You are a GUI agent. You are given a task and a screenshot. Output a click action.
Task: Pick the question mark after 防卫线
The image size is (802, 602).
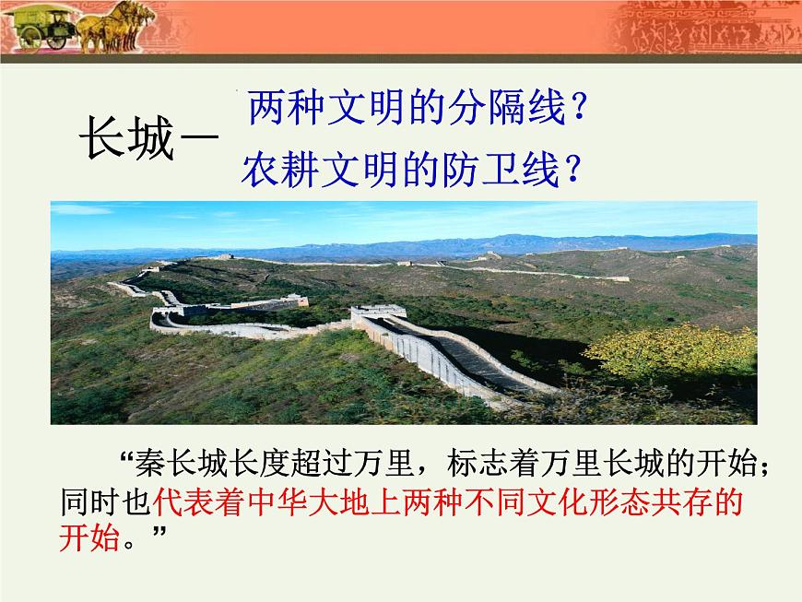(572, 169)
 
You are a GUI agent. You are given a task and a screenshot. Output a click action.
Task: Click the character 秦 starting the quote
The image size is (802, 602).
(148, 461)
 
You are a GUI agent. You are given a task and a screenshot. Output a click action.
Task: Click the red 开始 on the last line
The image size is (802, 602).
(88, 539)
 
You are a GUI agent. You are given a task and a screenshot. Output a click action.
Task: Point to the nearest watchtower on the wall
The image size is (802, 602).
(377, 313)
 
